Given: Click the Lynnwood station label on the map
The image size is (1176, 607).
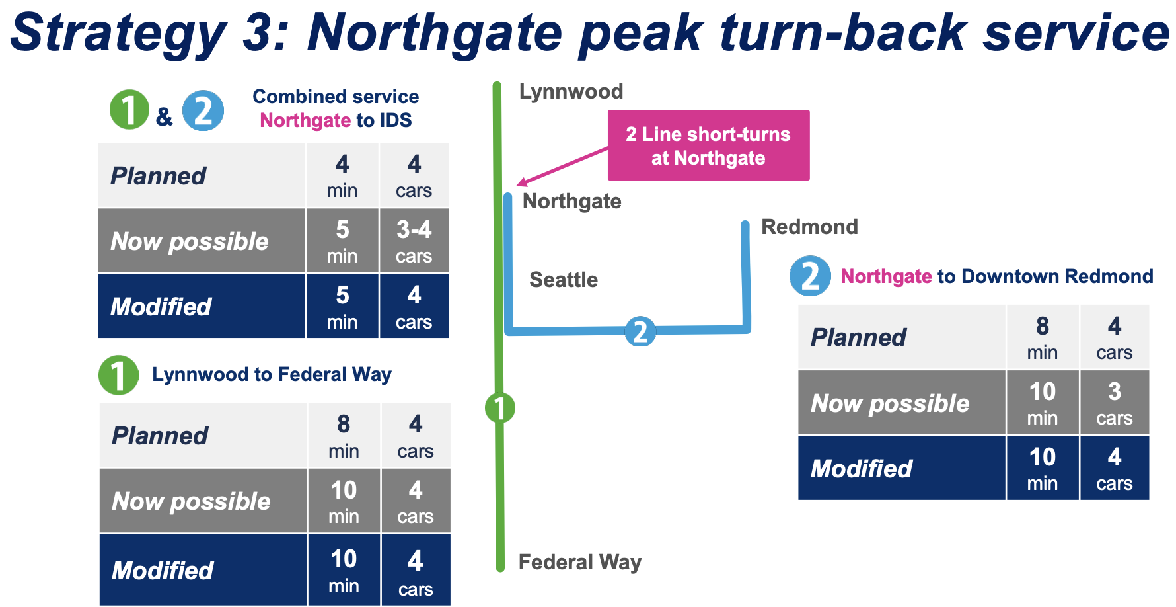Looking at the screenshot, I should tap(571, 91).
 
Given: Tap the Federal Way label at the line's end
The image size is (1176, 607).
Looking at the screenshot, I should tap(579, 562).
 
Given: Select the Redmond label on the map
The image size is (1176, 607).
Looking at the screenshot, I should tap(809, 227).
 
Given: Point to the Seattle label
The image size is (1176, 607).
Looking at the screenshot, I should tap(564, 280).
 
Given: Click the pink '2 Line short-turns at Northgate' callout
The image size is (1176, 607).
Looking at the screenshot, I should tap(708, 145).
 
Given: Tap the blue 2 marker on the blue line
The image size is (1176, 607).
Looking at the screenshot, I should tap(640, 331).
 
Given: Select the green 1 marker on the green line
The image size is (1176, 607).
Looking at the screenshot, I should tap(499, 407).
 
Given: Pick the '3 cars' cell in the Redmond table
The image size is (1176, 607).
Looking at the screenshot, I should tap(1114, 403).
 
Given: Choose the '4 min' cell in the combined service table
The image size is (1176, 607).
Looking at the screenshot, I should tap(342, 176).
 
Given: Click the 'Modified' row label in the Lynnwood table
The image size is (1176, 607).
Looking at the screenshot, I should tap(163, 570).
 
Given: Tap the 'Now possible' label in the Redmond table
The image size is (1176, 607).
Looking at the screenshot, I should tap(890, 403).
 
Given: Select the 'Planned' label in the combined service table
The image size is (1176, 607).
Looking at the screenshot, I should tap(159, 176).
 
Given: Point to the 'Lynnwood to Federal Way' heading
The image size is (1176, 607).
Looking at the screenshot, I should tap(272, 374).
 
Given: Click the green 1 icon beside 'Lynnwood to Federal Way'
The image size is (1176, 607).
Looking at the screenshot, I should tap(118, 375).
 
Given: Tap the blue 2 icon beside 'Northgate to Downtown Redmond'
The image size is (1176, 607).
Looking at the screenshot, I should tap(809, 276).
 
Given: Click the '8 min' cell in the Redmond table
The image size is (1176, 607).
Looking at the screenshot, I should tap(1042, 337).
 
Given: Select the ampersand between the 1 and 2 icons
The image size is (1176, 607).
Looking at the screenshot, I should tap(165, 117).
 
